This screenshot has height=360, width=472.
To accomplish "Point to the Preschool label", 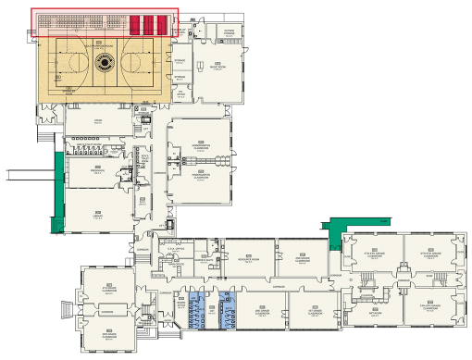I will point(96,171).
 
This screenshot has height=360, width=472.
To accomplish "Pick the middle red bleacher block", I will point(147,24).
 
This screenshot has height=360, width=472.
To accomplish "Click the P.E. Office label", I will point(180,93).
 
